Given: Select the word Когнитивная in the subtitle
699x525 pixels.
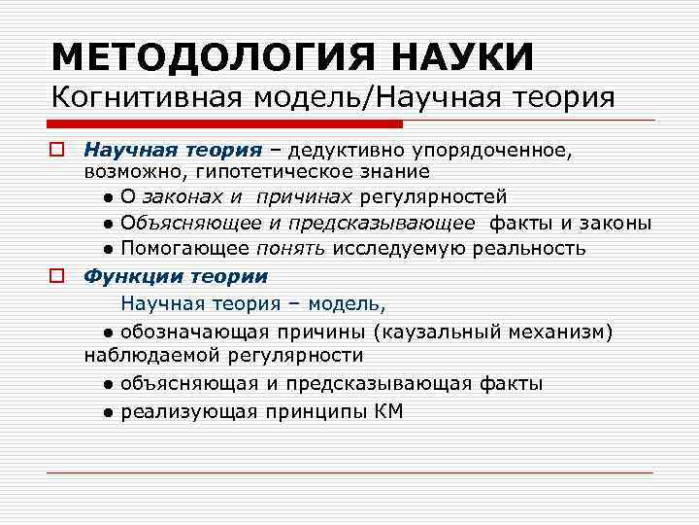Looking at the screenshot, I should coord(145,98).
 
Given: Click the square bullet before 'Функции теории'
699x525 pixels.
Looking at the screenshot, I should coord(57,275).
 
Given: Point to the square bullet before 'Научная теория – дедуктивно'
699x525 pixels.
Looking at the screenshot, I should coord(57,151).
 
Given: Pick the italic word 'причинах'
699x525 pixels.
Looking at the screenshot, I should coord(305,197).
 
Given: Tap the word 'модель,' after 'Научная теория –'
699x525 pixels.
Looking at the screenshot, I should coord(351,303).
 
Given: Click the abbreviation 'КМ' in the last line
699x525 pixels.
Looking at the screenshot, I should coord(387,411).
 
